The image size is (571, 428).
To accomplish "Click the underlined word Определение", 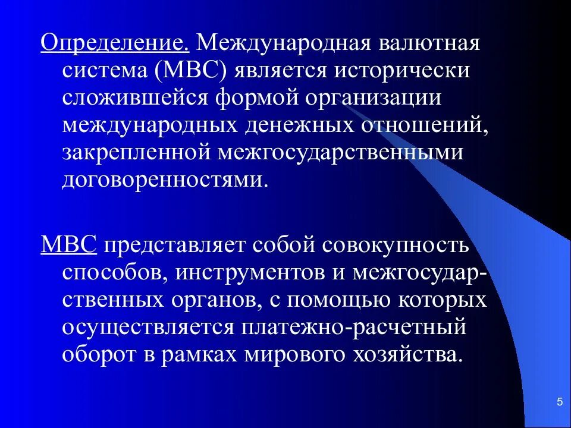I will [115, 43].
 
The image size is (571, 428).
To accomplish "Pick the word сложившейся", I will [142, 98].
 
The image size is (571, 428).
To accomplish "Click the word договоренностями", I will [162, 179].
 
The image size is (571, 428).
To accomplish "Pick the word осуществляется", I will [147, 327].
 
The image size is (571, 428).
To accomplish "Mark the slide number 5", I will [559, 402].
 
